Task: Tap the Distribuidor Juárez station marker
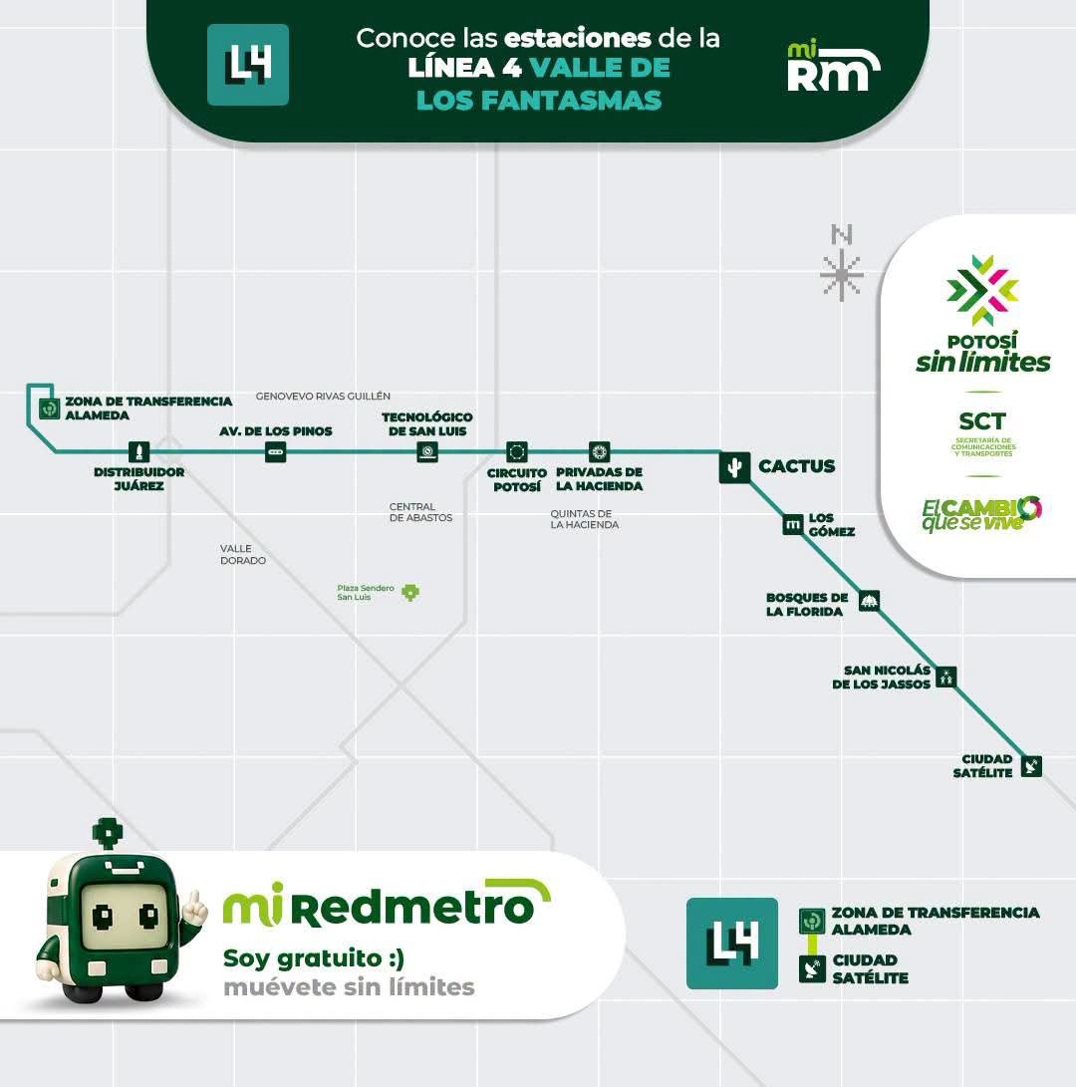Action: point(139,452)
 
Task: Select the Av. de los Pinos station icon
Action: point(275,452)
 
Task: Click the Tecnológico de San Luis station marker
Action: point(427,452)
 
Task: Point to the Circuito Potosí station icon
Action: point(516,452)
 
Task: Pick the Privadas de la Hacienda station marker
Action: point(599,452)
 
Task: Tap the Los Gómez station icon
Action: point(792,525)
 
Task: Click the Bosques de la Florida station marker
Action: point(869,601)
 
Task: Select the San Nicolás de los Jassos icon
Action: point(945,676)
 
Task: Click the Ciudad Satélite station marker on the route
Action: point(1031,766)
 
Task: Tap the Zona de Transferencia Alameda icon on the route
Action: point(49,408)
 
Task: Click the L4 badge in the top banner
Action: point(247,65)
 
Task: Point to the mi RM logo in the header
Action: point(833,67)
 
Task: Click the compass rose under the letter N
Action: point(841,275)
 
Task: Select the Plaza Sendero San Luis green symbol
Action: point(410,592)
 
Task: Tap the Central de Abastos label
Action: point(420,512)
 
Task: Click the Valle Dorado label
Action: point(243,554)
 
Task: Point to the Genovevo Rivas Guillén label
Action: point(323,396)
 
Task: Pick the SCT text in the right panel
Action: point(981,420)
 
